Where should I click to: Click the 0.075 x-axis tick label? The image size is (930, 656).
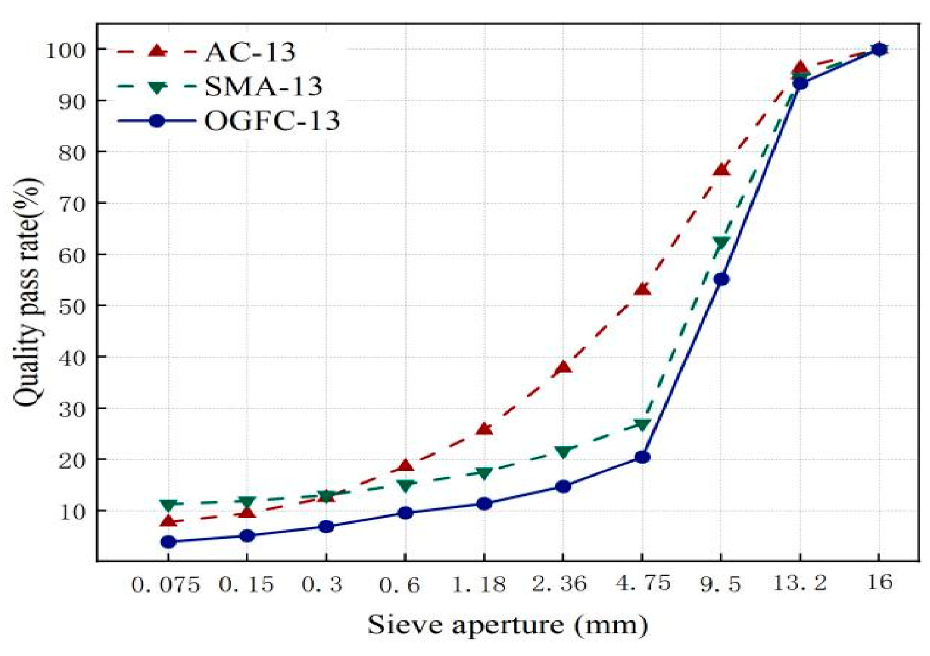[166, 585]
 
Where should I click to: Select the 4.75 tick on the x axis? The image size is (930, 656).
[643, 583]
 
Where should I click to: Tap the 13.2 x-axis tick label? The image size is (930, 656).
[800, 583]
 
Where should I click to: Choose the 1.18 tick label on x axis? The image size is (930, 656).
[479, 584]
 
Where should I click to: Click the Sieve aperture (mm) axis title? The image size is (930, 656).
[507, 625]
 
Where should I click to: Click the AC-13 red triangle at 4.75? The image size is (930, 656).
[642, 289]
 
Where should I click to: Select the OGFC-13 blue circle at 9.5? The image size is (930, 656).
[721, 279]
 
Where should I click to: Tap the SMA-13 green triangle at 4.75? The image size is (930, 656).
[642, 425]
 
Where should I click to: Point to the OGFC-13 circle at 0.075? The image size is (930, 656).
[168, 542]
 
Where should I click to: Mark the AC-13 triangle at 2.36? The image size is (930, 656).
[563, 368]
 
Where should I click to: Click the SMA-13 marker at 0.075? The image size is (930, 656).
[168, 505]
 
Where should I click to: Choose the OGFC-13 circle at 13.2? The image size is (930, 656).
[801, 83]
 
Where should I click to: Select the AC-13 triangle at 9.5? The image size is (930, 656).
[721, 170]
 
